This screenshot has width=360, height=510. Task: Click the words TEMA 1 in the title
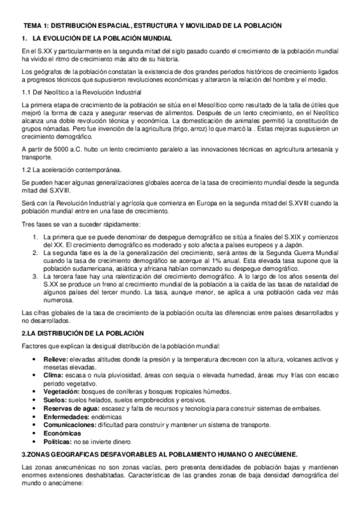tap(35, 27)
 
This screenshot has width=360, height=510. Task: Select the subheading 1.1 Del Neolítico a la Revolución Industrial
tap(81, 92)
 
